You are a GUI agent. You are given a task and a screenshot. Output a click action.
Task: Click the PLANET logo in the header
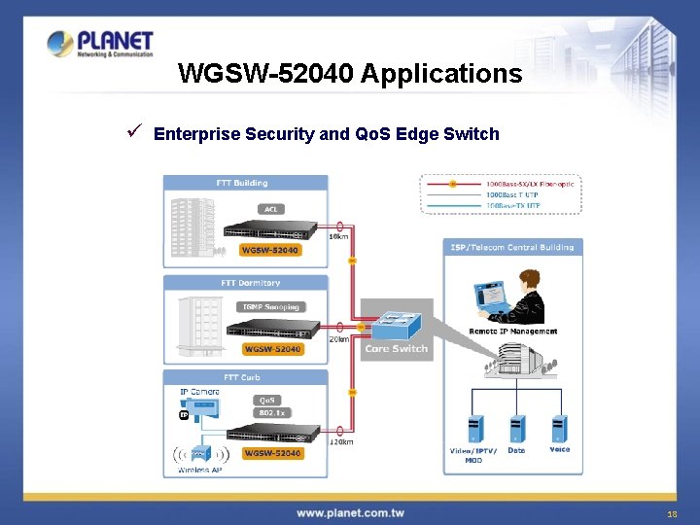100,45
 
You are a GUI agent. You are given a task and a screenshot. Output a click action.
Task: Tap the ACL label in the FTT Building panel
271,209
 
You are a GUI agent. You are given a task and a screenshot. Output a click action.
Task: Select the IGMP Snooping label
270,307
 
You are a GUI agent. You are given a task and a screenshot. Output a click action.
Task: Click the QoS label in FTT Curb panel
266,400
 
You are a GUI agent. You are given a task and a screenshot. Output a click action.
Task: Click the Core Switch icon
396,322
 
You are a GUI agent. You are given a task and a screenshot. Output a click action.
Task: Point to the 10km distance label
339,236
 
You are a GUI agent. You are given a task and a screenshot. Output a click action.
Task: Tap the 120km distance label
341,441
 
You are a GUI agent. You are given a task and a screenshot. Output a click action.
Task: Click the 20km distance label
339,339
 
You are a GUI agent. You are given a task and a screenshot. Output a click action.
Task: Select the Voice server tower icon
559,429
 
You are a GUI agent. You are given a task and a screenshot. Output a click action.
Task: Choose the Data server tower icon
517,429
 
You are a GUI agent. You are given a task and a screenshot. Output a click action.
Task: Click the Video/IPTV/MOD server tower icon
474,429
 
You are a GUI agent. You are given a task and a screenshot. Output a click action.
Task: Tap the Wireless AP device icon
200,453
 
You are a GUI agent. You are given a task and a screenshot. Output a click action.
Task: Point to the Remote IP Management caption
512,332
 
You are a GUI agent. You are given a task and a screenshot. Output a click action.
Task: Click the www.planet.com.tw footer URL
350,512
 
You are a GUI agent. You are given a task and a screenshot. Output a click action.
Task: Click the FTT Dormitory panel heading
250,283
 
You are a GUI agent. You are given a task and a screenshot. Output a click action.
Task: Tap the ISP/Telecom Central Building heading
512,247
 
